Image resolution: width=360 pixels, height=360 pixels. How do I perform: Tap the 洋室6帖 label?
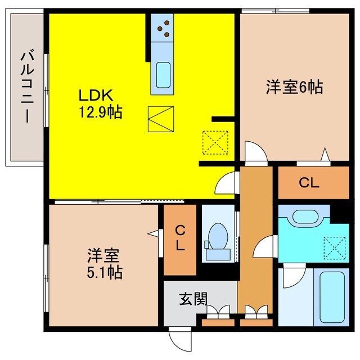point(294,87)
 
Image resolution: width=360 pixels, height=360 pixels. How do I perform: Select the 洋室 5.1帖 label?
point(104,264)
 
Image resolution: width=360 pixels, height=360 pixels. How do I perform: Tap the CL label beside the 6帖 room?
point(309,183)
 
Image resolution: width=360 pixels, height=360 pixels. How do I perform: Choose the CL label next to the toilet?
point(179,238)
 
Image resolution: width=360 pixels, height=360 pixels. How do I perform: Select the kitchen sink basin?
point(163,74)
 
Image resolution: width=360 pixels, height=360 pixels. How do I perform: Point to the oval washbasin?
point(307,217)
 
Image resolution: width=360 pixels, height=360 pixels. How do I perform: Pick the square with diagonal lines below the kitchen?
point(161,118)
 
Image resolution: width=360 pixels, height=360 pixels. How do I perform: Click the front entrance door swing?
point(179,337)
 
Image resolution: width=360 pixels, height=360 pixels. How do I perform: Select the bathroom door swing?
point(290,275)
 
